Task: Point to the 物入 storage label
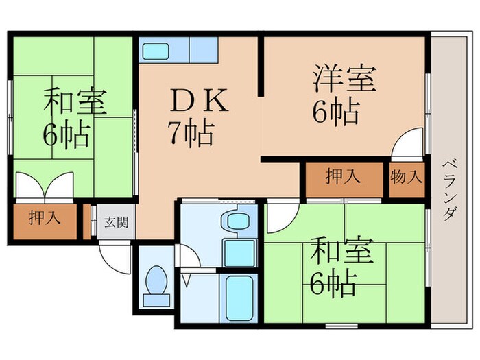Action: coord(406,178)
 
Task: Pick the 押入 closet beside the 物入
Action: coord(342,178)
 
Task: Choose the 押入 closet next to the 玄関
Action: coord(44,219)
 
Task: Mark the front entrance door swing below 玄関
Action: coord(114,258)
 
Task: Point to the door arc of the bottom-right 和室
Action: coord(281,219)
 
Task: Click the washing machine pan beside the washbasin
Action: coord(239,254)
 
